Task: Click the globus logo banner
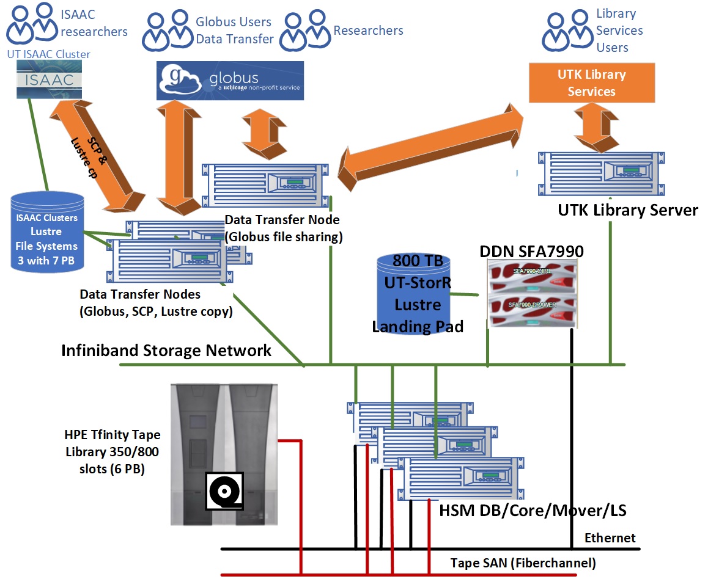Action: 229,81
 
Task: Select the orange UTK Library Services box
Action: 591,83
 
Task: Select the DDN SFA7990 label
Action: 531,250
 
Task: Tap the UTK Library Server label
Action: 627,210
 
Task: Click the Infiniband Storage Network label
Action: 166,351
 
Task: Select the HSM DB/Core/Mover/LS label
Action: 532,510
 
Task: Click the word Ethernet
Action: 610,538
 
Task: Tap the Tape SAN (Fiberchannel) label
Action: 523,563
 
